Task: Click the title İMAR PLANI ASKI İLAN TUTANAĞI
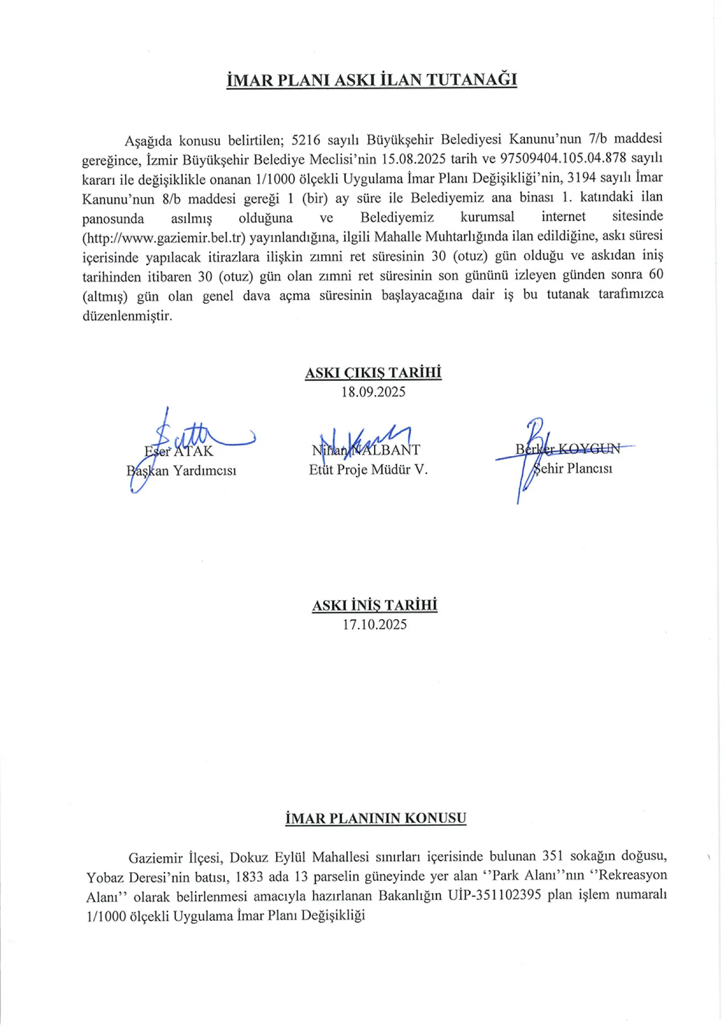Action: tap(372, 80)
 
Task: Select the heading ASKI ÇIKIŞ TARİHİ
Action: tap(373, 372)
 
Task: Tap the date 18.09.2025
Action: tap(373, 392)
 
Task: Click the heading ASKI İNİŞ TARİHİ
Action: tap(375, 605)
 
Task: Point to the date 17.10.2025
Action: tap(375, 624)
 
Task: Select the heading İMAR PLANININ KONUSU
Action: tap(376, 818)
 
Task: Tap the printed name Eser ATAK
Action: tap(179, 451)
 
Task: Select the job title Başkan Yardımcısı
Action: tap(182, 470)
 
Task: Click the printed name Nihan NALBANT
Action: tap(366, 450)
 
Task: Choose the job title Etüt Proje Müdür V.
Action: tap(368, 469)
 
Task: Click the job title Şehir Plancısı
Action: tap(573, 468)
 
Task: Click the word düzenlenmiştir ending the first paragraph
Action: tap(127, 315)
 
